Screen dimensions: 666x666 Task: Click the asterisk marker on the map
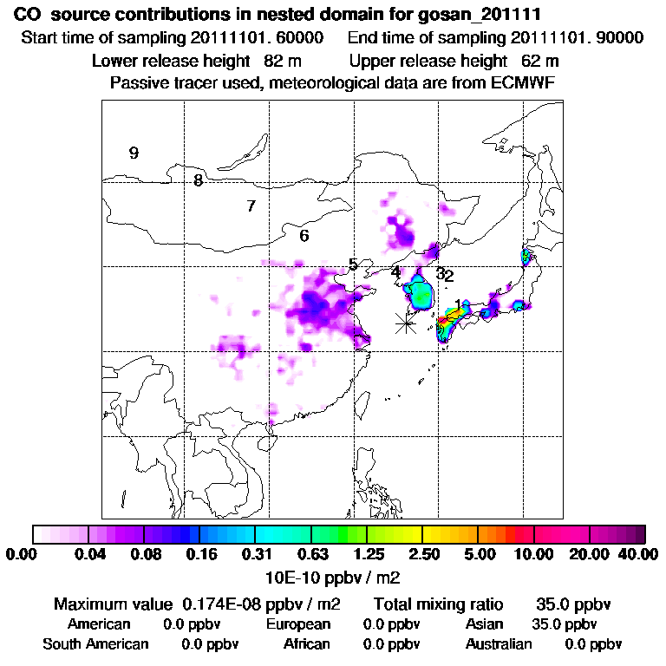[x=405, y=323]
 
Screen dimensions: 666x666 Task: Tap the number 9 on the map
[x=134, y=153]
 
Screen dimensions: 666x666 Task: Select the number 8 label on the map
[x=199, y=180]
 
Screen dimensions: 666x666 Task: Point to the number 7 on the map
[x=251, y=206]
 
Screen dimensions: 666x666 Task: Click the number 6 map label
[x=304, y=236]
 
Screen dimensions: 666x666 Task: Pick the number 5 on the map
[x=353, y=264]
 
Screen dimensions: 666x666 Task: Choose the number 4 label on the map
[x=395, y=271]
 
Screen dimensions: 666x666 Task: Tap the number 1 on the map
[x=458, y=304]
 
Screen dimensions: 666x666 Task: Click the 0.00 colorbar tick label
[x=23, y=554]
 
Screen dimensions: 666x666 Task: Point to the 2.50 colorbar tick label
[x=422, y=554]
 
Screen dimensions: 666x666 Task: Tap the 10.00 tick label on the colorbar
[x=534, y=554]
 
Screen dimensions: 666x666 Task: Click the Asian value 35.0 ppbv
[x=565, y=624]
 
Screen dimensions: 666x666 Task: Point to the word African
[x=307, y=644]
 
